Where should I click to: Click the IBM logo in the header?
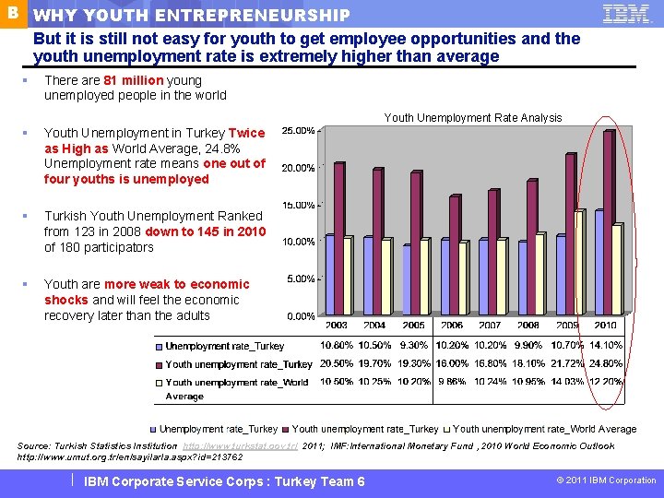click(x=625, y=14)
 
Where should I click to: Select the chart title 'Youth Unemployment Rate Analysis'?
click(x=472, y=117)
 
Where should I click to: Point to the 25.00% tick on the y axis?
click(x=298, y=130)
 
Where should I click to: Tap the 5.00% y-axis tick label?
click(x=300, y=279)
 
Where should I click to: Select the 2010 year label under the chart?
click(x=605, y=326)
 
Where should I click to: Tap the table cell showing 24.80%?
click(x=606, y=364)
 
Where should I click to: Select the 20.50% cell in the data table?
click(x=338, y=364)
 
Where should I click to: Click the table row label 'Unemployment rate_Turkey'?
click(x=224, y=346)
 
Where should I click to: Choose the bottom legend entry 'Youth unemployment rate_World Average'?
click(x=544, y=429)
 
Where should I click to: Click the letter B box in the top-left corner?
click(x=12, y=13)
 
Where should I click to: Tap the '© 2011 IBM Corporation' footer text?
click(x=606, y=480)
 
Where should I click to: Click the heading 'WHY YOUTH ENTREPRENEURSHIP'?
click(x=192, y=16)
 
